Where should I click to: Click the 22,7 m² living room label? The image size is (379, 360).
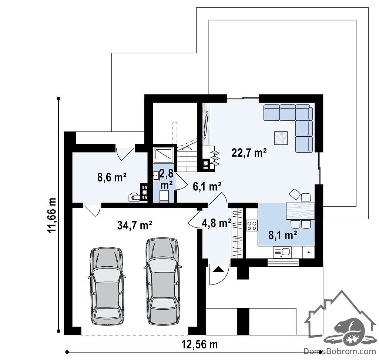[x=249, y=153]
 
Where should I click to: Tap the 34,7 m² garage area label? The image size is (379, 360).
[x=134, y=225]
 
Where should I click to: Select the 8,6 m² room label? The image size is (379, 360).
[x=112, y=177]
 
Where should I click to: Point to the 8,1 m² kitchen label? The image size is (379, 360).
[x=282, y=235]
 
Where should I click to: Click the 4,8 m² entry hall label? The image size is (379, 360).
[x=216, y=223]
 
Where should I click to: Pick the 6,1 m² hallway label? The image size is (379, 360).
[x=207, y=187]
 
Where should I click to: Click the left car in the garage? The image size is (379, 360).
[x=107, y=286]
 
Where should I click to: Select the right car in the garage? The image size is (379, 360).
[x=163, y=281]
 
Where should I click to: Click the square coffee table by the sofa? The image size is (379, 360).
[x=281, y=138]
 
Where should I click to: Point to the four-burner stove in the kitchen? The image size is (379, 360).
[x=252, y=226]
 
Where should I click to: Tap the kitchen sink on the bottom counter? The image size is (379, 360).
[x=282, y=252]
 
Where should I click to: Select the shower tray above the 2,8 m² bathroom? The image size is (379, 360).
[x=163, y=155]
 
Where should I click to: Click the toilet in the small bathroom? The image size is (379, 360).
[x=164, y=196]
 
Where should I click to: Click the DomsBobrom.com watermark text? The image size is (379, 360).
[x=340, y=351]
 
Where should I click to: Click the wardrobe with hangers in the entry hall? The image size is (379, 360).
[x=237, y=233]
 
